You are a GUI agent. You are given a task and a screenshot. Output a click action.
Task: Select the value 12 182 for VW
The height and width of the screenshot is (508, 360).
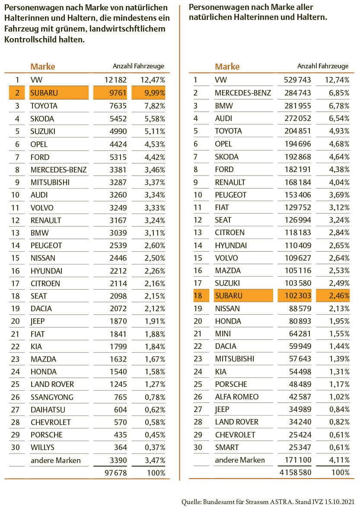[115, 80]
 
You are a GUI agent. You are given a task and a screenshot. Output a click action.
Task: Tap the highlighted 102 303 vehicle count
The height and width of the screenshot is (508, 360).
[296, 296]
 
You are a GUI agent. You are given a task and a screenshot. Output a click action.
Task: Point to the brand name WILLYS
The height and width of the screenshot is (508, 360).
[42, 447]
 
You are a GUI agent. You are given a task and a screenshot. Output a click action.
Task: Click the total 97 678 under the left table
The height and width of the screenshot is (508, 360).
[115, 473]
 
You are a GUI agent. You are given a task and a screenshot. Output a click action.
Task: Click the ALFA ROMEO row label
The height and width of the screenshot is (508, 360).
[236, 397]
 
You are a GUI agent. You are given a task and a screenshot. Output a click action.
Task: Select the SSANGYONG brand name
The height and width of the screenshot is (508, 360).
[52, 397]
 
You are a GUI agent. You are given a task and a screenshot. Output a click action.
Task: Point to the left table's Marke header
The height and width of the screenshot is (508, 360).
[42, 67]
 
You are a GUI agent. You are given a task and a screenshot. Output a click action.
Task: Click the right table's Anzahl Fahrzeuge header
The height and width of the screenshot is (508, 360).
[322, 66]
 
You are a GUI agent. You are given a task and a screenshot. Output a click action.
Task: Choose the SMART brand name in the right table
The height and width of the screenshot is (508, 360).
[227, 447]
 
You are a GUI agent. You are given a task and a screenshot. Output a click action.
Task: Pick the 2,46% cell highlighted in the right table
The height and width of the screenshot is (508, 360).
[333, 296]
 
